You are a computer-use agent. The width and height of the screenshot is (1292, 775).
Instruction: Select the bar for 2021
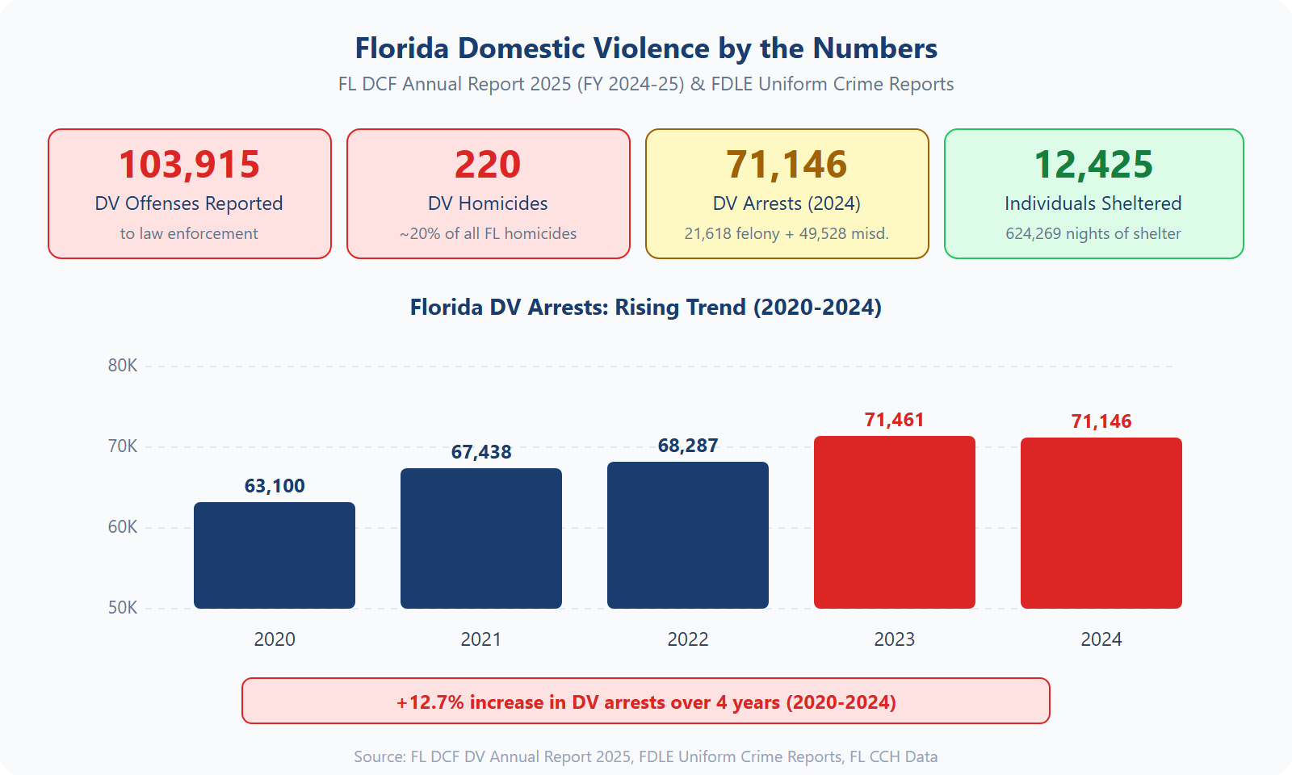point(481,538)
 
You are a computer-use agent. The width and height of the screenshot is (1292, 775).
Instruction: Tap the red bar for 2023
point(895,522)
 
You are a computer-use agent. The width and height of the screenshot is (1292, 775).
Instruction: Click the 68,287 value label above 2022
point(688,446)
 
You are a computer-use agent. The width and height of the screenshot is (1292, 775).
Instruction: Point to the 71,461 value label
point(894,420)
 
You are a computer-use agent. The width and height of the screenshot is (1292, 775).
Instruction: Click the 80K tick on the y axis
point(123,366)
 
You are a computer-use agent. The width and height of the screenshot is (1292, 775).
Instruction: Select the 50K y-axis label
point(123,608)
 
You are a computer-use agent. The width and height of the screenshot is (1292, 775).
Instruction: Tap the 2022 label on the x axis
point(688,639)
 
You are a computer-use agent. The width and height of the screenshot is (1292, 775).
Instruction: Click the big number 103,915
point(190,165)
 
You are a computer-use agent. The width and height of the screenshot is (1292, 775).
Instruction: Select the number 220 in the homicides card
point(488,165)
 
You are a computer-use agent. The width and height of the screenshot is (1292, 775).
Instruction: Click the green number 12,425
point(1093,165)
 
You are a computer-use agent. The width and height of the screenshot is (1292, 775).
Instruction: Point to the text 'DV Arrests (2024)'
point(787,203)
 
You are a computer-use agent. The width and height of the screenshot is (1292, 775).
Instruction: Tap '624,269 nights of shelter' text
point(1093,233)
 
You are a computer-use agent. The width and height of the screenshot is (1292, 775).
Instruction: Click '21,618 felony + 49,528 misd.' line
point(787,233)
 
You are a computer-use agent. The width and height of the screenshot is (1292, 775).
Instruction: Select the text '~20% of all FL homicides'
point(488,233)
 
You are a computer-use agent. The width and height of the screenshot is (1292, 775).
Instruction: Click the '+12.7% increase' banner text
point(646,702)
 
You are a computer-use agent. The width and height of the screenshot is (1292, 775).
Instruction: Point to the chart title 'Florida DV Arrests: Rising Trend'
point(646,308)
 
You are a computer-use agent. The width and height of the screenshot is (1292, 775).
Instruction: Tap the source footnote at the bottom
point(646,756)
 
